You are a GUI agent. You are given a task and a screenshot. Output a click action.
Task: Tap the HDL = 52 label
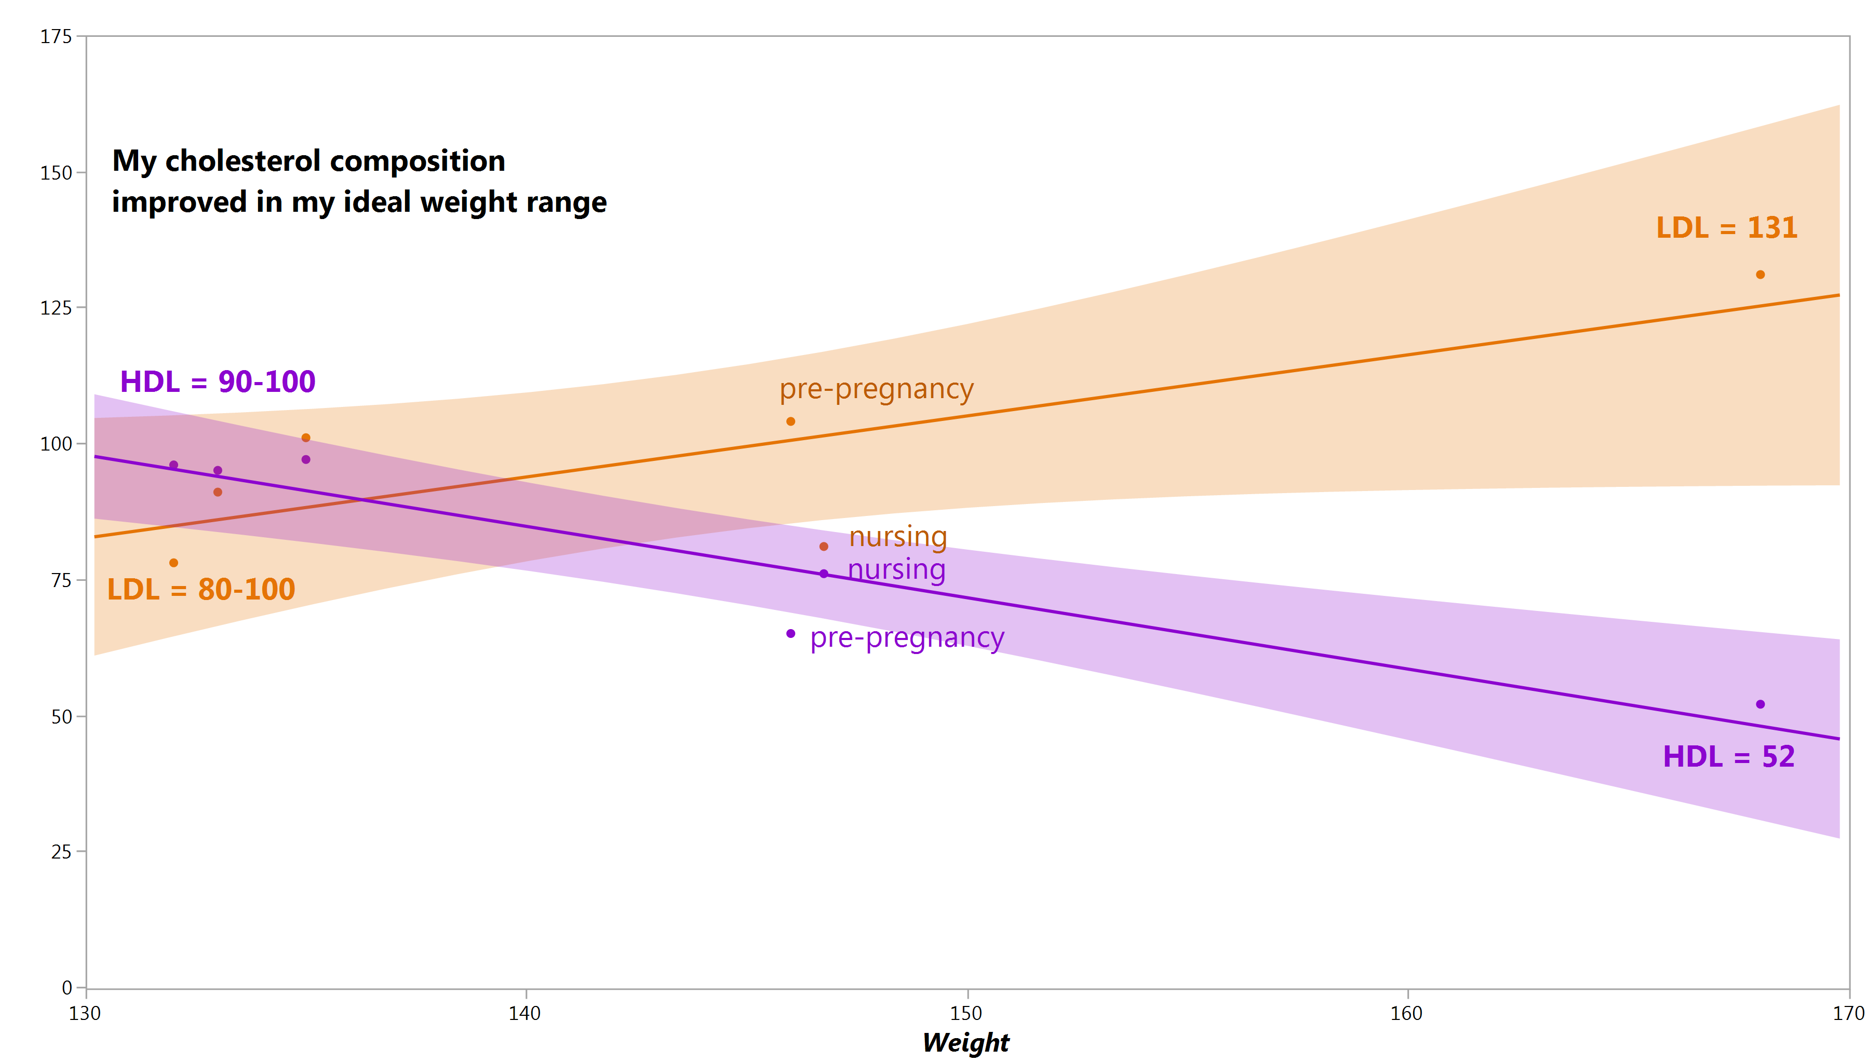[x=1728, y=756]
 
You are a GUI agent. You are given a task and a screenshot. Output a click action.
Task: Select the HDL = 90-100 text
[x=218, y=382]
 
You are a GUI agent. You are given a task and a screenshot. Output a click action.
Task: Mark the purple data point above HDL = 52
[x=1760, y=704]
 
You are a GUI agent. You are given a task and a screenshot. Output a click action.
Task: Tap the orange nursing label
[x=898, y=537]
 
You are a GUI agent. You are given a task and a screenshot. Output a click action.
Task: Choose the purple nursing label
[x=897, y=569]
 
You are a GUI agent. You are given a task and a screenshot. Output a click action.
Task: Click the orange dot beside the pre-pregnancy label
[x=790, y=421]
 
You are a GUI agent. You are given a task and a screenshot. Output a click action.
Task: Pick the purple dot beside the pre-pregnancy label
[x=790, y=634]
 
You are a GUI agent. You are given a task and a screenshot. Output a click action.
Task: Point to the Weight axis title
[x=965, y=1042]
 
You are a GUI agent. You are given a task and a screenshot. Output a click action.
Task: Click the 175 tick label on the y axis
[x=56, y=36]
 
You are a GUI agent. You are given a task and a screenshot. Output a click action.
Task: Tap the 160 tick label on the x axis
[x=1406, y=1013]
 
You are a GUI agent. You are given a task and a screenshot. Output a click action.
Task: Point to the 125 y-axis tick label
[x=56, y=308]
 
